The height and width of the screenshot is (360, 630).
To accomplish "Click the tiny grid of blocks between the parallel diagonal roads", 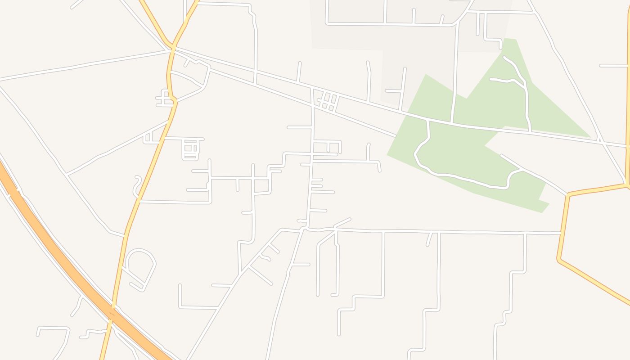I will coord(328,102).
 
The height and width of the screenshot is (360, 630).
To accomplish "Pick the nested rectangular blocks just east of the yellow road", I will coord(191,149).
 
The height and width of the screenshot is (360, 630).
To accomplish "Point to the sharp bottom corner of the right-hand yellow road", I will coord(559,260).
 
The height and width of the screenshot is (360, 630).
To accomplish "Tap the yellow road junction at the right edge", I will coord(627,184).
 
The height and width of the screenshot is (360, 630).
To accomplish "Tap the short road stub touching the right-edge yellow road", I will coord(614,66).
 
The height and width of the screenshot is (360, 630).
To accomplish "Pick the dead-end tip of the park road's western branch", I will coord(491,80).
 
